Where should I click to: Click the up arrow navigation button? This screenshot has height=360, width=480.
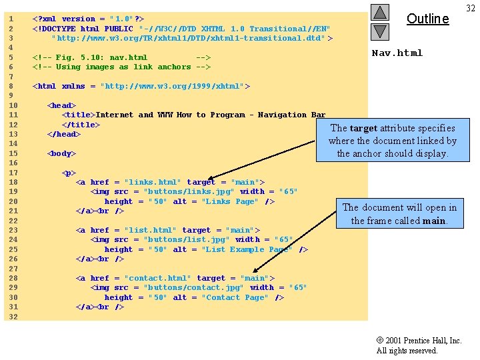(380, 13)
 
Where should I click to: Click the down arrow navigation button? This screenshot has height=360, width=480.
(380, 32)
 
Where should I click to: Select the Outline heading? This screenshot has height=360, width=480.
(427, 19)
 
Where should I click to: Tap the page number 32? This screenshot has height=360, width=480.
(471, 8)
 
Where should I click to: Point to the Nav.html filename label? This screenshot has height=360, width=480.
(397, 53)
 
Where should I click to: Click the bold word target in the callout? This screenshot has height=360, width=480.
(363, 128)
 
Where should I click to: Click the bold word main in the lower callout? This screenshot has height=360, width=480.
(434, 221)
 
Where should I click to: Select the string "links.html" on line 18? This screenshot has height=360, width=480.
(153, 182)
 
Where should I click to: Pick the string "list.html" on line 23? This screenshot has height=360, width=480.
(150, 230)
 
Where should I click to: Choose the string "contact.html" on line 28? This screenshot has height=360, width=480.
(157, 278)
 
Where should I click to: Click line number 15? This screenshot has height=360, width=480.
(13, 153)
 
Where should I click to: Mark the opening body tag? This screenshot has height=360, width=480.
(61, 153)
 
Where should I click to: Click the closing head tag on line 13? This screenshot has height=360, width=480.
(64, 134)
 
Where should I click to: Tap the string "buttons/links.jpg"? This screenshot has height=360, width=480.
(189, 191)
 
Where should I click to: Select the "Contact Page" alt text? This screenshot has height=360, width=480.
(235, 297)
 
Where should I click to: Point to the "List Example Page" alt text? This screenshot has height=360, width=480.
(247, 249)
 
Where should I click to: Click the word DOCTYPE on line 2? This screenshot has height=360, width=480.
(59, 29)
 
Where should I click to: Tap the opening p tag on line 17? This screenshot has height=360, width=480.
(69, 173)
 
